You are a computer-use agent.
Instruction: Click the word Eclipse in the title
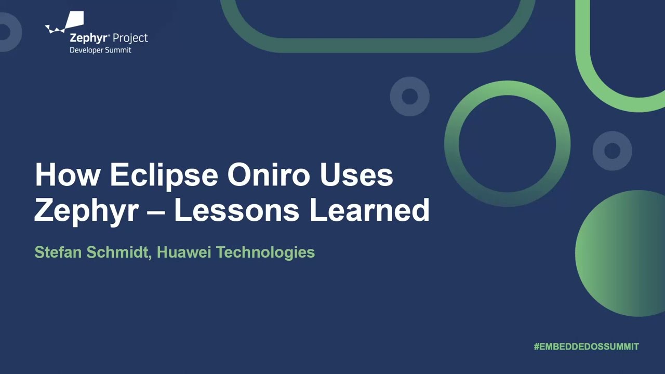(164, 175)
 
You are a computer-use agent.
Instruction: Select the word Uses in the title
(356, 175)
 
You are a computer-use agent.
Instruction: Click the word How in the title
(67, 175)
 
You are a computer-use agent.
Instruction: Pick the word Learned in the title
(369, 210)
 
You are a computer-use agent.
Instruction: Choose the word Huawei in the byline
(184, 252)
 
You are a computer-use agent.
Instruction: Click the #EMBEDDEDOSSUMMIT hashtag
(586, 346)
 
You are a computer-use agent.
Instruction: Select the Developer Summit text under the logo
(100, 50)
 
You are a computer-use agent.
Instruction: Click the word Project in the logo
(130, 38)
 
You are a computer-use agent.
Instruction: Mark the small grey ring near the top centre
(410, 96)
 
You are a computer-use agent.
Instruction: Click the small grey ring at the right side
(613, 151)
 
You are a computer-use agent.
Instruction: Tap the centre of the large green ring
(508, 144)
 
